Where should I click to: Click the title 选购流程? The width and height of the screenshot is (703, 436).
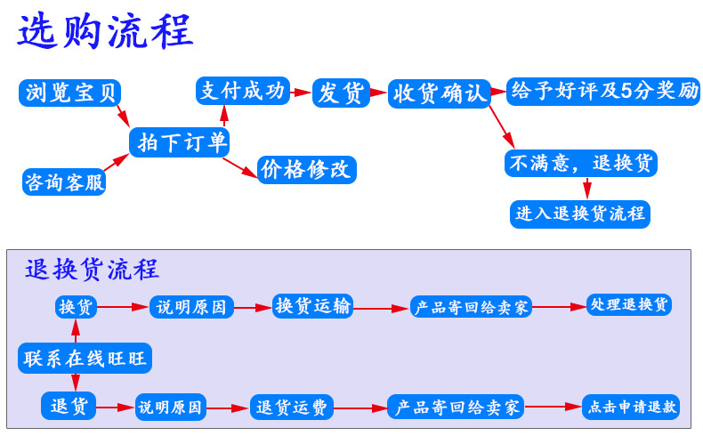coord(106,33)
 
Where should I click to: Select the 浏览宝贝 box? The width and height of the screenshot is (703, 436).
coord(69,93)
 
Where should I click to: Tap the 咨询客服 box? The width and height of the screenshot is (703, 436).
coord(64,182)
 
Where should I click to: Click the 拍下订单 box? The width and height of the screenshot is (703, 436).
coord(179,142)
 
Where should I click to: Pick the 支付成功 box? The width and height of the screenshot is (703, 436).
coord(243,91)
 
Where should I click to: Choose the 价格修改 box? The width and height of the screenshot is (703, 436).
coord(306,169)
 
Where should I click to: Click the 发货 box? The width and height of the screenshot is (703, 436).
coord(340,93)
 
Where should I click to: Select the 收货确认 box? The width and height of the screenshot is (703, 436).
coord(440,93)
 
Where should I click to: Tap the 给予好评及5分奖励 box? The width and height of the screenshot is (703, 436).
coord(602,91)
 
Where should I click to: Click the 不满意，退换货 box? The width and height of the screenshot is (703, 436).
coord(579,163)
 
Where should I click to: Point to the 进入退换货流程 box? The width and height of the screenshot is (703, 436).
coord(579,214)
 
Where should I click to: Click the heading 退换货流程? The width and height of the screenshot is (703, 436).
coord(92,269)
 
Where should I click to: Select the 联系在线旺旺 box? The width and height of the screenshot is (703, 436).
coord(85,358)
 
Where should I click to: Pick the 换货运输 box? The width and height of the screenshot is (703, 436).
coord(313,306)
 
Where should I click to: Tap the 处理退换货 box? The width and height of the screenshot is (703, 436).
coord(628,305)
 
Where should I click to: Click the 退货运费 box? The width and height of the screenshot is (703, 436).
coord(292,408)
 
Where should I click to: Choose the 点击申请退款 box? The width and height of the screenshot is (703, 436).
coord(631,408)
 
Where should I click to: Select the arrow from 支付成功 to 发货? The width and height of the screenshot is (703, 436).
coord(301,91)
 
